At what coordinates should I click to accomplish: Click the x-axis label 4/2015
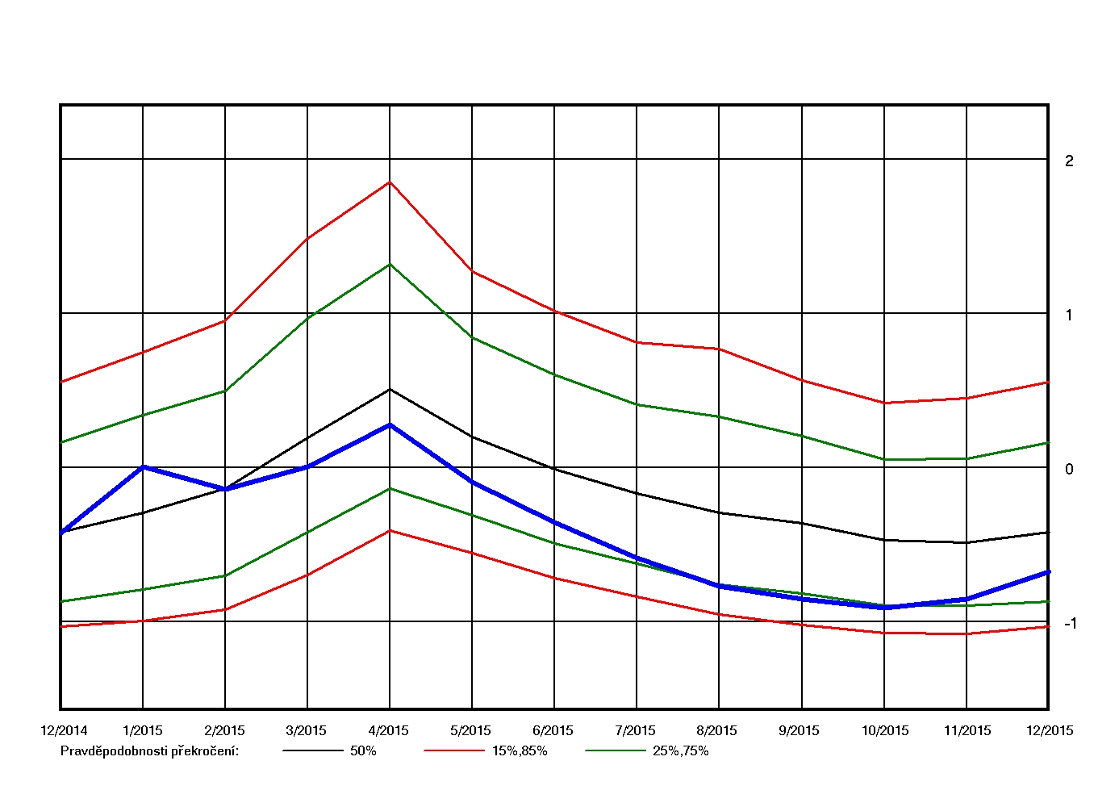click(389, 730)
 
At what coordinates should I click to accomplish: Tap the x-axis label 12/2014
click(64, 730)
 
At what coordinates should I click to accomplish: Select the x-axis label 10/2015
click(885, 730)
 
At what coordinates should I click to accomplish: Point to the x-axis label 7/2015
click(636, 730)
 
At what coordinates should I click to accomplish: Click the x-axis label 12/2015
click(1050, 730)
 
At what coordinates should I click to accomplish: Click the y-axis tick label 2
click(1069, 161)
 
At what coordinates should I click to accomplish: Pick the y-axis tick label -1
click(1070, 623)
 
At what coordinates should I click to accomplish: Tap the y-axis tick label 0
click(1069, 469)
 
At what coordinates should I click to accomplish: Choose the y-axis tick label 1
click(1069, 315)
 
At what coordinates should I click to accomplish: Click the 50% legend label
click(363, 750)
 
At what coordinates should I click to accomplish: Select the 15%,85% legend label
click(520, 750)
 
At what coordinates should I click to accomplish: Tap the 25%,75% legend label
click(681, 750)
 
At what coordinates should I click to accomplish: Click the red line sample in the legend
click(454, 750)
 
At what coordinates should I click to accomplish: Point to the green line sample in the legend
click(616, 750)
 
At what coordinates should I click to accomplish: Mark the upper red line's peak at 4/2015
click(390, 182)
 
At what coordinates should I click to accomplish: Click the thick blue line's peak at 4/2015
click(390, 424)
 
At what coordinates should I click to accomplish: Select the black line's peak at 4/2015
click(390, 389)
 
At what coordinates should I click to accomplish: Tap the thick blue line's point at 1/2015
click(143, 466)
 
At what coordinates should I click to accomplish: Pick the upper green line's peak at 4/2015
click(390, 264)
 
